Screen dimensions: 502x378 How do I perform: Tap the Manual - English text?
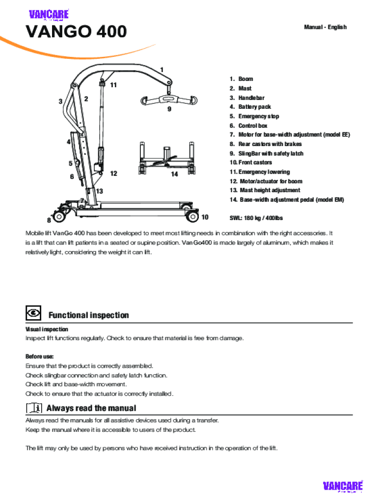pyautogui.click(x=325, y=27)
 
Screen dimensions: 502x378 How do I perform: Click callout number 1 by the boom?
pyautogui.click(x=162, y=70)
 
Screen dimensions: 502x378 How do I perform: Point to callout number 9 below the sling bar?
pyautogui.click(x=169, y=109)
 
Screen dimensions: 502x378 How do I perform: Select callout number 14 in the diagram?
pyautogui.click(x=174, y=174)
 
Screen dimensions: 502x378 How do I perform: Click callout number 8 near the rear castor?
pyautogui.click(x=49, y=220)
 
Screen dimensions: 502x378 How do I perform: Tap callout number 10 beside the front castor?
pyautogui.click(x=205, y=217)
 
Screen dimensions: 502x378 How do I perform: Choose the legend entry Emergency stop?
pyautogui.click(x=258, y=116)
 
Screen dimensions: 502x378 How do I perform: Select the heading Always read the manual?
pyautogui.click(x=91, y=408)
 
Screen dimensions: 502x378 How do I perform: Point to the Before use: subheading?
pyautogui.click(x=40, y=356)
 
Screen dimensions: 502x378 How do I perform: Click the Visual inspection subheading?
pyautogui.click(x=47, y=329)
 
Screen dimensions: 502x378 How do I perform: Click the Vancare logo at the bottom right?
pyautogui.click(x=343, y=486)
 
